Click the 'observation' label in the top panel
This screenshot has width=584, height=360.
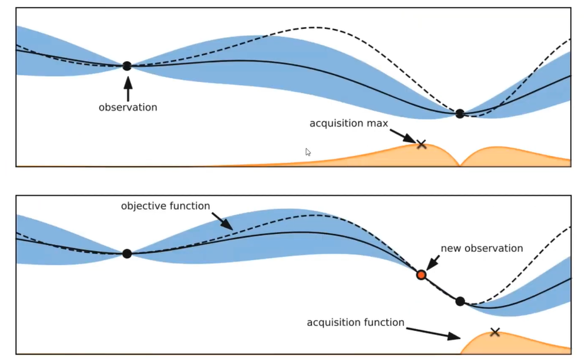pos(128,107)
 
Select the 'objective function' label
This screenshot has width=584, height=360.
pos(166,206)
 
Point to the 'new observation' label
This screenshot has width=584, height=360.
pos(481,248)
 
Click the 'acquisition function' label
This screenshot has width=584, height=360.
pos(356,322)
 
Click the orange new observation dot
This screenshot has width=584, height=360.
pos(421,274)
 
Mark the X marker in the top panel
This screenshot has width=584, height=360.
pos(422,145)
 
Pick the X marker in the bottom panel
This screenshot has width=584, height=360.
pos(495,332)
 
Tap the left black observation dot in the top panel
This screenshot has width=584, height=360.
pos(127,65)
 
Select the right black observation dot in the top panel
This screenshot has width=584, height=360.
pos(460,113)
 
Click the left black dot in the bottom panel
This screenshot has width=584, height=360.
pos(127,254)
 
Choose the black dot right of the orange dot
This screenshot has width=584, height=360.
pos(460,301)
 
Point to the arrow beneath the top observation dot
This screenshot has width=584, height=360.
pos(128,87)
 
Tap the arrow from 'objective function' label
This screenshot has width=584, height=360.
pos(222,220)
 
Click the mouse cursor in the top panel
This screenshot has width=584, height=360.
pos(308,152)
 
